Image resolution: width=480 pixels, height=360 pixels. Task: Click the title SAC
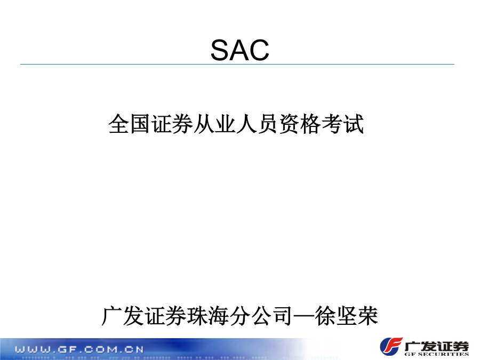239,50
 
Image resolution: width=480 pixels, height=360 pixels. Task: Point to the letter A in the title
239,50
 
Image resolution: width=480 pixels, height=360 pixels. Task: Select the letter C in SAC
260,50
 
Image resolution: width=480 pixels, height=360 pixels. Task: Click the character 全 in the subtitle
119,124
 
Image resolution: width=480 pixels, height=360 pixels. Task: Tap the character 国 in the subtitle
140,124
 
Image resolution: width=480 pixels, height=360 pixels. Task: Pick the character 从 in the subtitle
204,124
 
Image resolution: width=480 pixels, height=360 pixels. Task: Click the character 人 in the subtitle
247,124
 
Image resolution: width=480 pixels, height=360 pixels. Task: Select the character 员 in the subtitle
268,124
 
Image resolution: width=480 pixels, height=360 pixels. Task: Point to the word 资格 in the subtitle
300,124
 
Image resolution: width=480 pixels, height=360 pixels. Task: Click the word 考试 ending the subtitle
343,124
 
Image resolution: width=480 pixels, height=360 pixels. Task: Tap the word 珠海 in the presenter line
208,316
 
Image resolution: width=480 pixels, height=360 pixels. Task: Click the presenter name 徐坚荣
347,316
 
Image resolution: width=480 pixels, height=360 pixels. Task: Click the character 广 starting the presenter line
112,316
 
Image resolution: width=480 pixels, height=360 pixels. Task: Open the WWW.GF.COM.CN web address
79,349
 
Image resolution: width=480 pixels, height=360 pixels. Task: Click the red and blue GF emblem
391,347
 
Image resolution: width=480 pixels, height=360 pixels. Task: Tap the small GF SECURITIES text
436,354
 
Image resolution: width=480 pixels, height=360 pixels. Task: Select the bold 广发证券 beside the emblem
436,346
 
